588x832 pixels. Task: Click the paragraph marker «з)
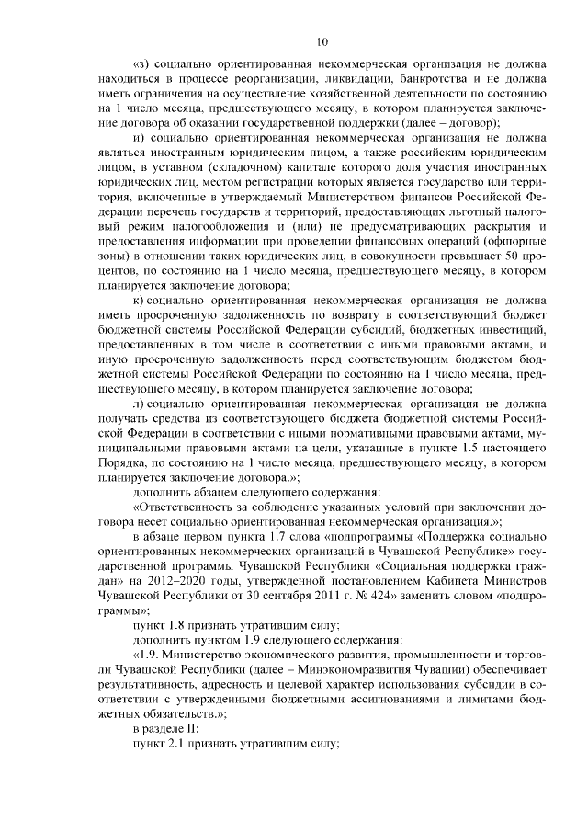click(143, 64)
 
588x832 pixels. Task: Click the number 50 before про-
click(514, 252)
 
